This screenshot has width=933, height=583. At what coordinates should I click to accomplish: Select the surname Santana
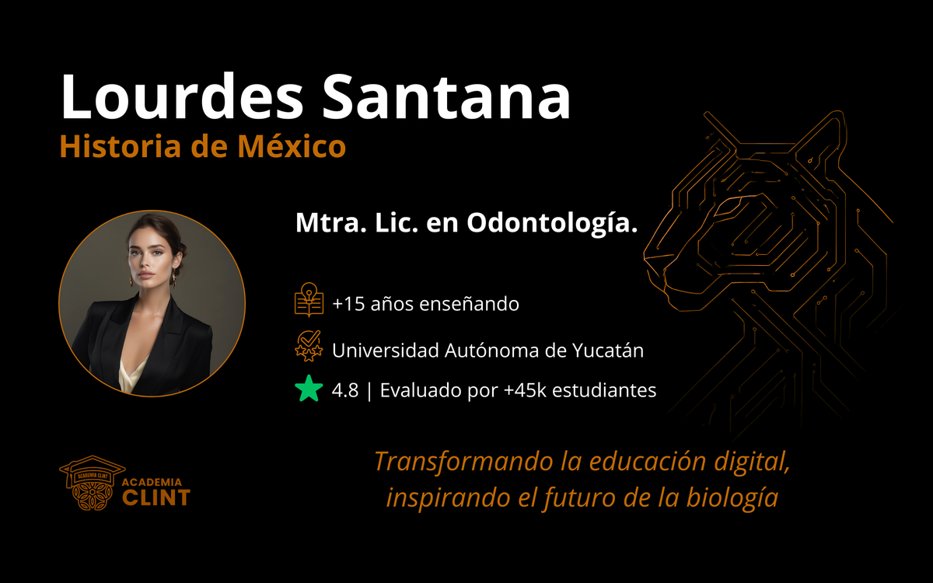pos(446,97)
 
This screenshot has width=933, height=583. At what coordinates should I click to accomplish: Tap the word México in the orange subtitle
pos(292,146)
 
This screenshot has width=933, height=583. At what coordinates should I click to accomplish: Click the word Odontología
pos(552,223)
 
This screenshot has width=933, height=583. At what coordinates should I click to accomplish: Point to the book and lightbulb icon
pos(309,300)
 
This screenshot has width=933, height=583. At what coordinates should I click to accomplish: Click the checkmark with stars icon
pos(309,346)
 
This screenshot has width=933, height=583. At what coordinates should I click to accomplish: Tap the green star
pos(309,389)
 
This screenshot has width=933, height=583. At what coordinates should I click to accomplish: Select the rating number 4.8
pos(345,390)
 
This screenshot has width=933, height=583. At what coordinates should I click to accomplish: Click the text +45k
pos(525,390)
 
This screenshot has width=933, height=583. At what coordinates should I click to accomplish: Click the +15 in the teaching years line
pos(348,304)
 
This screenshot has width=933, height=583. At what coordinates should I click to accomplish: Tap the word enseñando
pos(469,304)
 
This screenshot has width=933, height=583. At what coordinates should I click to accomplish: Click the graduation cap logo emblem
pos(92,483)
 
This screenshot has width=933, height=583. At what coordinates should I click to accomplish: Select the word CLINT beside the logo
pos(156,497)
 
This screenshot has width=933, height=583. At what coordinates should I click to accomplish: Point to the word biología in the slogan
pos(732,498)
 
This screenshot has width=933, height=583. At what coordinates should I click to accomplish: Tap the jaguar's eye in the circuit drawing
pos(731,206)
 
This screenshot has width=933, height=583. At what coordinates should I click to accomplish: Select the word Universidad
pos(386,351)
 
